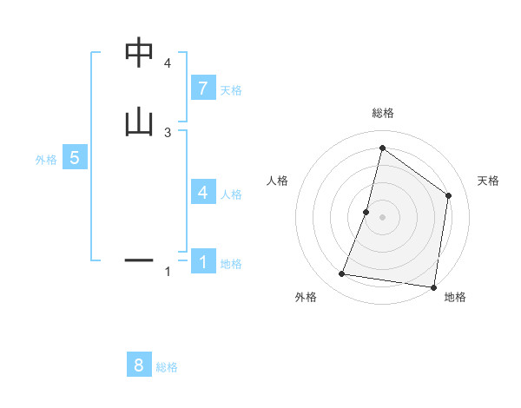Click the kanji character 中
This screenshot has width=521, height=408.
pos(139,53)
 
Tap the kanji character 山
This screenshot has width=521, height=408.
pos(139,122)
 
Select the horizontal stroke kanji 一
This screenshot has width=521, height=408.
pos(139,259)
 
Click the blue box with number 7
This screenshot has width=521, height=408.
pos(202,89)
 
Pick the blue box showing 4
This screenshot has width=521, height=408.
pos(202,193)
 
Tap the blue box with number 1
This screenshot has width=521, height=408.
pos(202,260)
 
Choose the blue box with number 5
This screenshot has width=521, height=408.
pos(75,158)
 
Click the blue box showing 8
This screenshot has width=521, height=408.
pos(139,365)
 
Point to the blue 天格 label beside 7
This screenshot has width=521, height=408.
pos(231,90)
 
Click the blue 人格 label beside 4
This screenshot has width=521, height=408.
pos(231,194)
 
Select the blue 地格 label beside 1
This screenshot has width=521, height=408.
pos(231,264)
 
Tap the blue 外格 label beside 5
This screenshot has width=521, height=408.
pos(45,160)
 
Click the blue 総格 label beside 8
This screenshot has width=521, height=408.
pos(167,367)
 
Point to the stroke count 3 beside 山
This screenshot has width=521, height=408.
pos(167,132)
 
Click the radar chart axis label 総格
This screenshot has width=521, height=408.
pos(383,113)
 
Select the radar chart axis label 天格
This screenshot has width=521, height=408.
pos(488,181)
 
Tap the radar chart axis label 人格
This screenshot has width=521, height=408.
pos(277,181)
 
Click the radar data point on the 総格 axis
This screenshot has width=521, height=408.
pos(382,148)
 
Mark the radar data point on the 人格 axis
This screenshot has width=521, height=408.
pos(366,212)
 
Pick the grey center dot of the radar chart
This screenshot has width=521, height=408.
pos(382,217)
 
